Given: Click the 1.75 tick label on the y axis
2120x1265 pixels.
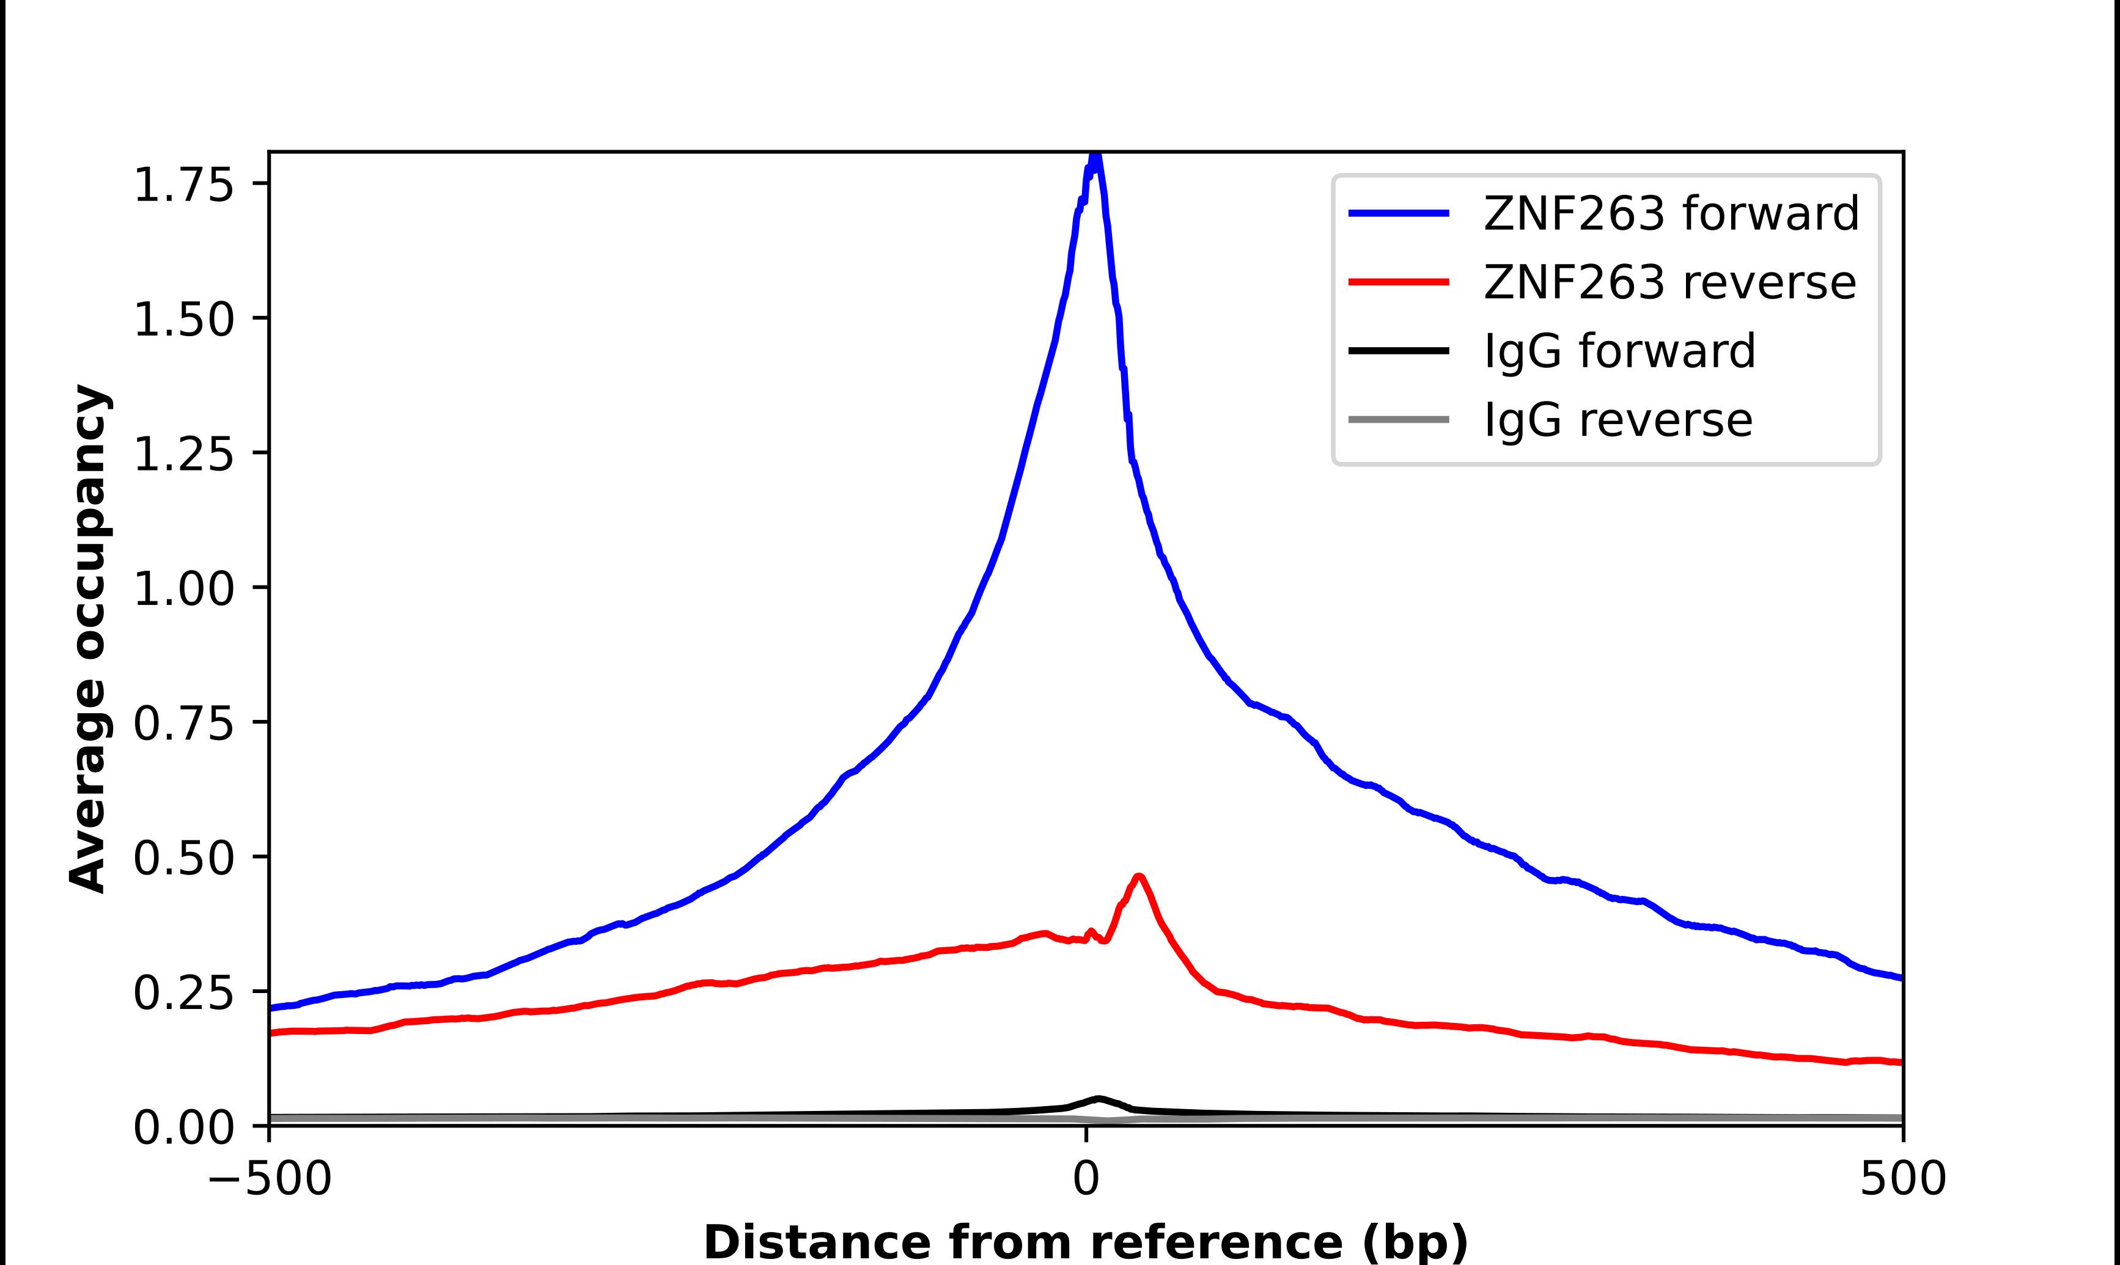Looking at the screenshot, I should point(183,185).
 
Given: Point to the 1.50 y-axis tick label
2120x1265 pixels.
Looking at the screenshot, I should point(183,320).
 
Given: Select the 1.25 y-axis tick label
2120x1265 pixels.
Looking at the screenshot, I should point(183,454).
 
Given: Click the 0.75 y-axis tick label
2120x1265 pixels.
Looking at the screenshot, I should point(183,724).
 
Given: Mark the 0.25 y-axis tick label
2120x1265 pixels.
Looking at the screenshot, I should point(183,993).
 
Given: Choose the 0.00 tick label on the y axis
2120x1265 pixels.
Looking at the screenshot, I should point(183,1127).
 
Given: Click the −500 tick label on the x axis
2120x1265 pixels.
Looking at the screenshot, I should point(270,1179).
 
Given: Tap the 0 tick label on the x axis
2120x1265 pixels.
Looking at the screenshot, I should point(1086,1179).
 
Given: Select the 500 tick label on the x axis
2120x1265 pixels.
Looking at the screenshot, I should point(1902,1179).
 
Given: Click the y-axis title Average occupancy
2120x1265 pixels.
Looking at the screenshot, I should point(89,639).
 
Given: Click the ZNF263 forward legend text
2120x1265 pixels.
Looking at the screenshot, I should point(1671,213).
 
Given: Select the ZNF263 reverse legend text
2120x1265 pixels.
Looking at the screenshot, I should point(1669,282).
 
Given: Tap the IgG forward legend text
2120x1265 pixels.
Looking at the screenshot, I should point(1619,350).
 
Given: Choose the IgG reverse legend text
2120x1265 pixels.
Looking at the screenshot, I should point(1618,419).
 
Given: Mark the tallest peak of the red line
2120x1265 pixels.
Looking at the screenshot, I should point(1139,876).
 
